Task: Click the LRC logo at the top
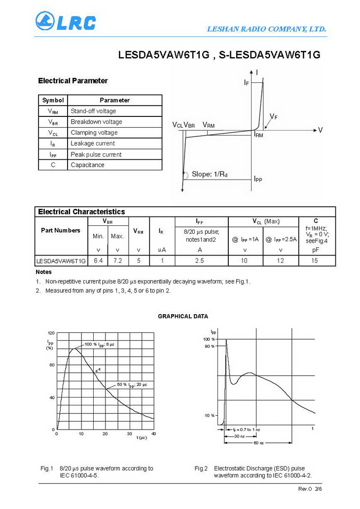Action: point(66,22)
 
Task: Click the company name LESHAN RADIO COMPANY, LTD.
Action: point(266,30)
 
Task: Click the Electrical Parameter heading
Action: point(72,81)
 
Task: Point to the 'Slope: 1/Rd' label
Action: point(213,174)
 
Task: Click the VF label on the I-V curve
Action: point(274,116)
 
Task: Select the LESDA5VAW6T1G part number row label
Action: point(61,260)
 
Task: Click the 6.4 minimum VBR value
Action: point(98,260)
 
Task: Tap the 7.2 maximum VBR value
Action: point(117,260)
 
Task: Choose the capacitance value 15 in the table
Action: point(315,260)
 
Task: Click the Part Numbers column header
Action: point(61,230)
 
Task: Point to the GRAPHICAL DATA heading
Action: point(183,316)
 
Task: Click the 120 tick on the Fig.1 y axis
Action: point(51,333)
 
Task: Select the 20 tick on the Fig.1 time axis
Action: point(105,434)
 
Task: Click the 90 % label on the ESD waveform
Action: point(209,346)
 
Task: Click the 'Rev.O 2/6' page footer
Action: point(310,489)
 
